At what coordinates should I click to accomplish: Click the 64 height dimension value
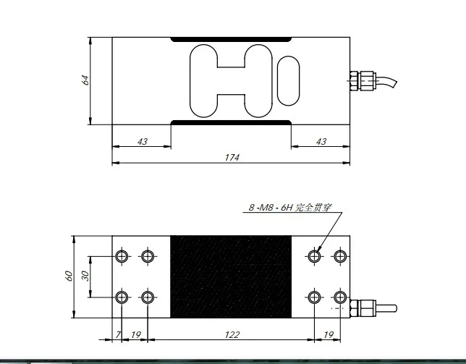(85, 80)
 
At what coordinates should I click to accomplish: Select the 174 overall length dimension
(232, 157)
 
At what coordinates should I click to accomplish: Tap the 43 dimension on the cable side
(321, 142)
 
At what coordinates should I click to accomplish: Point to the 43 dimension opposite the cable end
(142, 142)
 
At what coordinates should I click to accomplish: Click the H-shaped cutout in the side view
(231, 80)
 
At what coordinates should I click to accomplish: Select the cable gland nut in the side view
(360, 80)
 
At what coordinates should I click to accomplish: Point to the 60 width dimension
(69, 276)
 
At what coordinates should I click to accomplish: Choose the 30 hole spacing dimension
(84, 276)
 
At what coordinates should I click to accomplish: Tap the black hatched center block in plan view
(231, 276)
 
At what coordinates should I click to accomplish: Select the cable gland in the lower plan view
(360, 306)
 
